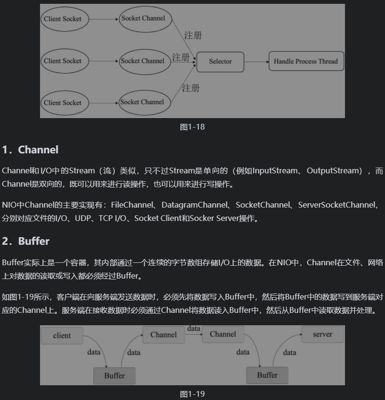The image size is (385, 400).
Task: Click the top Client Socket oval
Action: [x=62, y=19]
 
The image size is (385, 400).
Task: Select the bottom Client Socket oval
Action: [x=62, y=102]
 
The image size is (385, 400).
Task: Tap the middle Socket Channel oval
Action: [x=142, y=61]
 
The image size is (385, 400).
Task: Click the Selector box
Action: [x=220, y=61]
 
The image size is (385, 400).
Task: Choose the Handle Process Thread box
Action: [x=305, y=61]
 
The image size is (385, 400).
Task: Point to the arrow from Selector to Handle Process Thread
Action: [x=256, y=61]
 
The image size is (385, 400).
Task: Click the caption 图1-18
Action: [x=192, y=127]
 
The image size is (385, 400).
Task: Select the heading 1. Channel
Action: [x=30, y=150]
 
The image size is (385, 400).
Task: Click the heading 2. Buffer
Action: [x=26, y=241]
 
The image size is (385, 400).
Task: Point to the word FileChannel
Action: [x=132, y=205]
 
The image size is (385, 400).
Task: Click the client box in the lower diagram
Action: [x=62, y=336]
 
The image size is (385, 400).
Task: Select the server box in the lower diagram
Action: [x=323, y=334]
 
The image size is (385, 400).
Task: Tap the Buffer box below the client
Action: [x=114, y=375]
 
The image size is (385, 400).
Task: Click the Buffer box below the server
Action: [x=267, y=375]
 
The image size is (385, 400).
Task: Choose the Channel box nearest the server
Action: [x=223, y=334]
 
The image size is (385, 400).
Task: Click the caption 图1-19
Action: [x=192, y=394]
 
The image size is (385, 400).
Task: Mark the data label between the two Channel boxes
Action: [x=193, y=329]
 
